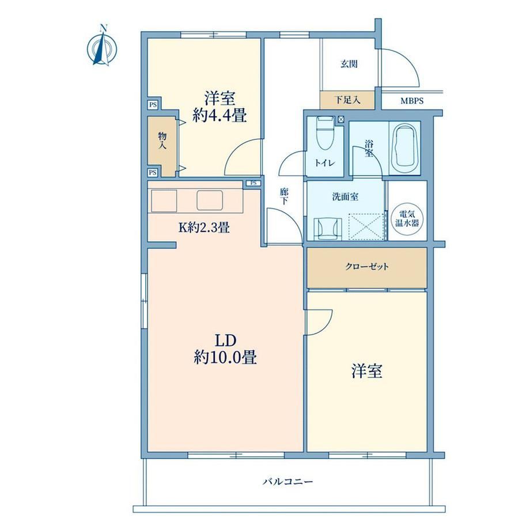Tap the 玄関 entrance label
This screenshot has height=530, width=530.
tap(349, 64)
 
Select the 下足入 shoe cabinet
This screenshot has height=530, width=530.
tap(347, 100)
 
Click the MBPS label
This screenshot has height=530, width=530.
tap(412, 101)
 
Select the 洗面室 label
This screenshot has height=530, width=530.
tap(345, 196)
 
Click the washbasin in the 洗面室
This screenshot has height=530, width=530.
tap(328, 229)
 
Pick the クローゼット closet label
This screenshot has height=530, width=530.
tap(367, 267)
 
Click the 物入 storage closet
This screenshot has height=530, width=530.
tap(162, 146)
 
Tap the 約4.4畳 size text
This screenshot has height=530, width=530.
tap(219, 116)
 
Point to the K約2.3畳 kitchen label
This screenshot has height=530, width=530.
tap(204, 228)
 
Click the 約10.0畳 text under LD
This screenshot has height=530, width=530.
tap(225, 357)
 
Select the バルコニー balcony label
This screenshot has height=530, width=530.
tap(288, 482)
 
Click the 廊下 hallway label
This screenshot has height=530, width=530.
tap(284, 196)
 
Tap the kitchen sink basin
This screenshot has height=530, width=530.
tap(210, 200)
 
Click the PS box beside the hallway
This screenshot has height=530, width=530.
tap(253, 183)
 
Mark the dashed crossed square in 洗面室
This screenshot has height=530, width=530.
tap(366, 226)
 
